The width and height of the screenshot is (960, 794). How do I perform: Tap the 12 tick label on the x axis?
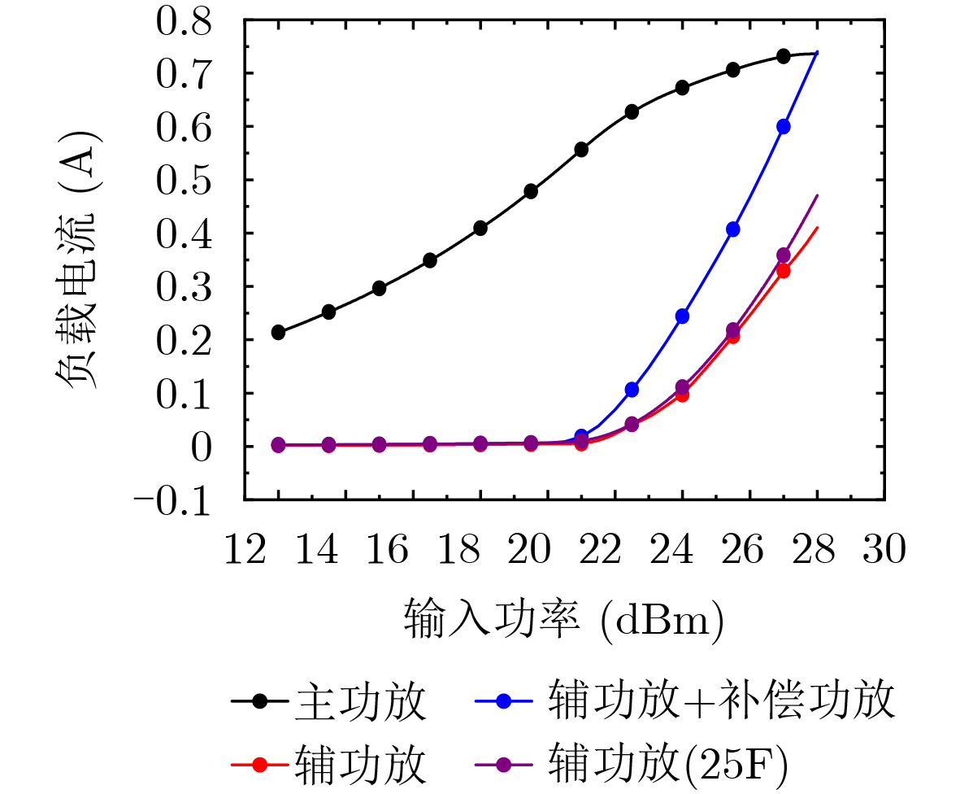[x=245, y=552]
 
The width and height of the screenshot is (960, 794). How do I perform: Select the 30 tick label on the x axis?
[x=884, y=552]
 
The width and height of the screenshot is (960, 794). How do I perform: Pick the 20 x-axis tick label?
[x=529, y=552]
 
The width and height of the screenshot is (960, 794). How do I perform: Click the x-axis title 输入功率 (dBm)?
[x=564, y=620]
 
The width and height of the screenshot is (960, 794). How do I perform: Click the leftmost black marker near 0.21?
[x=278, y=332]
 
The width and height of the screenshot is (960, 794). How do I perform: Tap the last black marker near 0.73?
[x=784, y=56]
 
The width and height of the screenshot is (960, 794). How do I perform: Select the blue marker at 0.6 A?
[x=784, y=127]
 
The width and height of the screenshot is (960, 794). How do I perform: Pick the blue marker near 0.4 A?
[x=733, y=229]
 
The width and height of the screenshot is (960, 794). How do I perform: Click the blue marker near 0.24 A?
[x=683, y=316]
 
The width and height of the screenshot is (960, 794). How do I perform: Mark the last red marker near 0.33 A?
[x=784, y=271]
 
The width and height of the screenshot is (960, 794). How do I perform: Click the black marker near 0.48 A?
[x=531, y=191]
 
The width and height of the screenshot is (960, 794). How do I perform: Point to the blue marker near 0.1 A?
[x=632, y=390]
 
